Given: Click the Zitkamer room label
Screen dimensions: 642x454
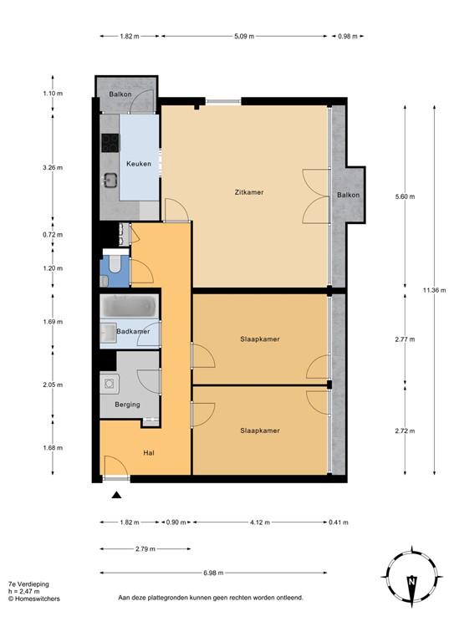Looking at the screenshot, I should tap(249, 193).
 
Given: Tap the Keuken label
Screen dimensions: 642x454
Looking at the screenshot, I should tap(139, 164).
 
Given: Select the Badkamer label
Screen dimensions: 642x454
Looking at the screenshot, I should tap(134, 332).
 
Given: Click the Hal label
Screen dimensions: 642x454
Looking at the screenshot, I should tap(150, 452).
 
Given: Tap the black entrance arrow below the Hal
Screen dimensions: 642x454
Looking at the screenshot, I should tap(115, 496).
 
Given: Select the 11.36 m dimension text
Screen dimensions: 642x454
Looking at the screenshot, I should tap(434, 289).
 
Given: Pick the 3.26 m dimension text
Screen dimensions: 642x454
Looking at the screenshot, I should tap(53, 167).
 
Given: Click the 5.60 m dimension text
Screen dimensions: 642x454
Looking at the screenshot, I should tap(404, 196).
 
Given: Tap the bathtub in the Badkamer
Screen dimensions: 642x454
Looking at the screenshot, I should tap(130, 308).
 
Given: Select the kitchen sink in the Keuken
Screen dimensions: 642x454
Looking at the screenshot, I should tap(110, 179).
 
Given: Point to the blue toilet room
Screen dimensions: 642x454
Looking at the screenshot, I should tap(113, 267).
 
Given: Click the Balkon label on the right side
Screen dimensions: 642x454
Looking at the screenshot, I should tap(349, 196).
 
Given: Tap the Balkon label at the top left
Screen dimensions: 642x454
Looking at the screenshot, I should tap(120, 94).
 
